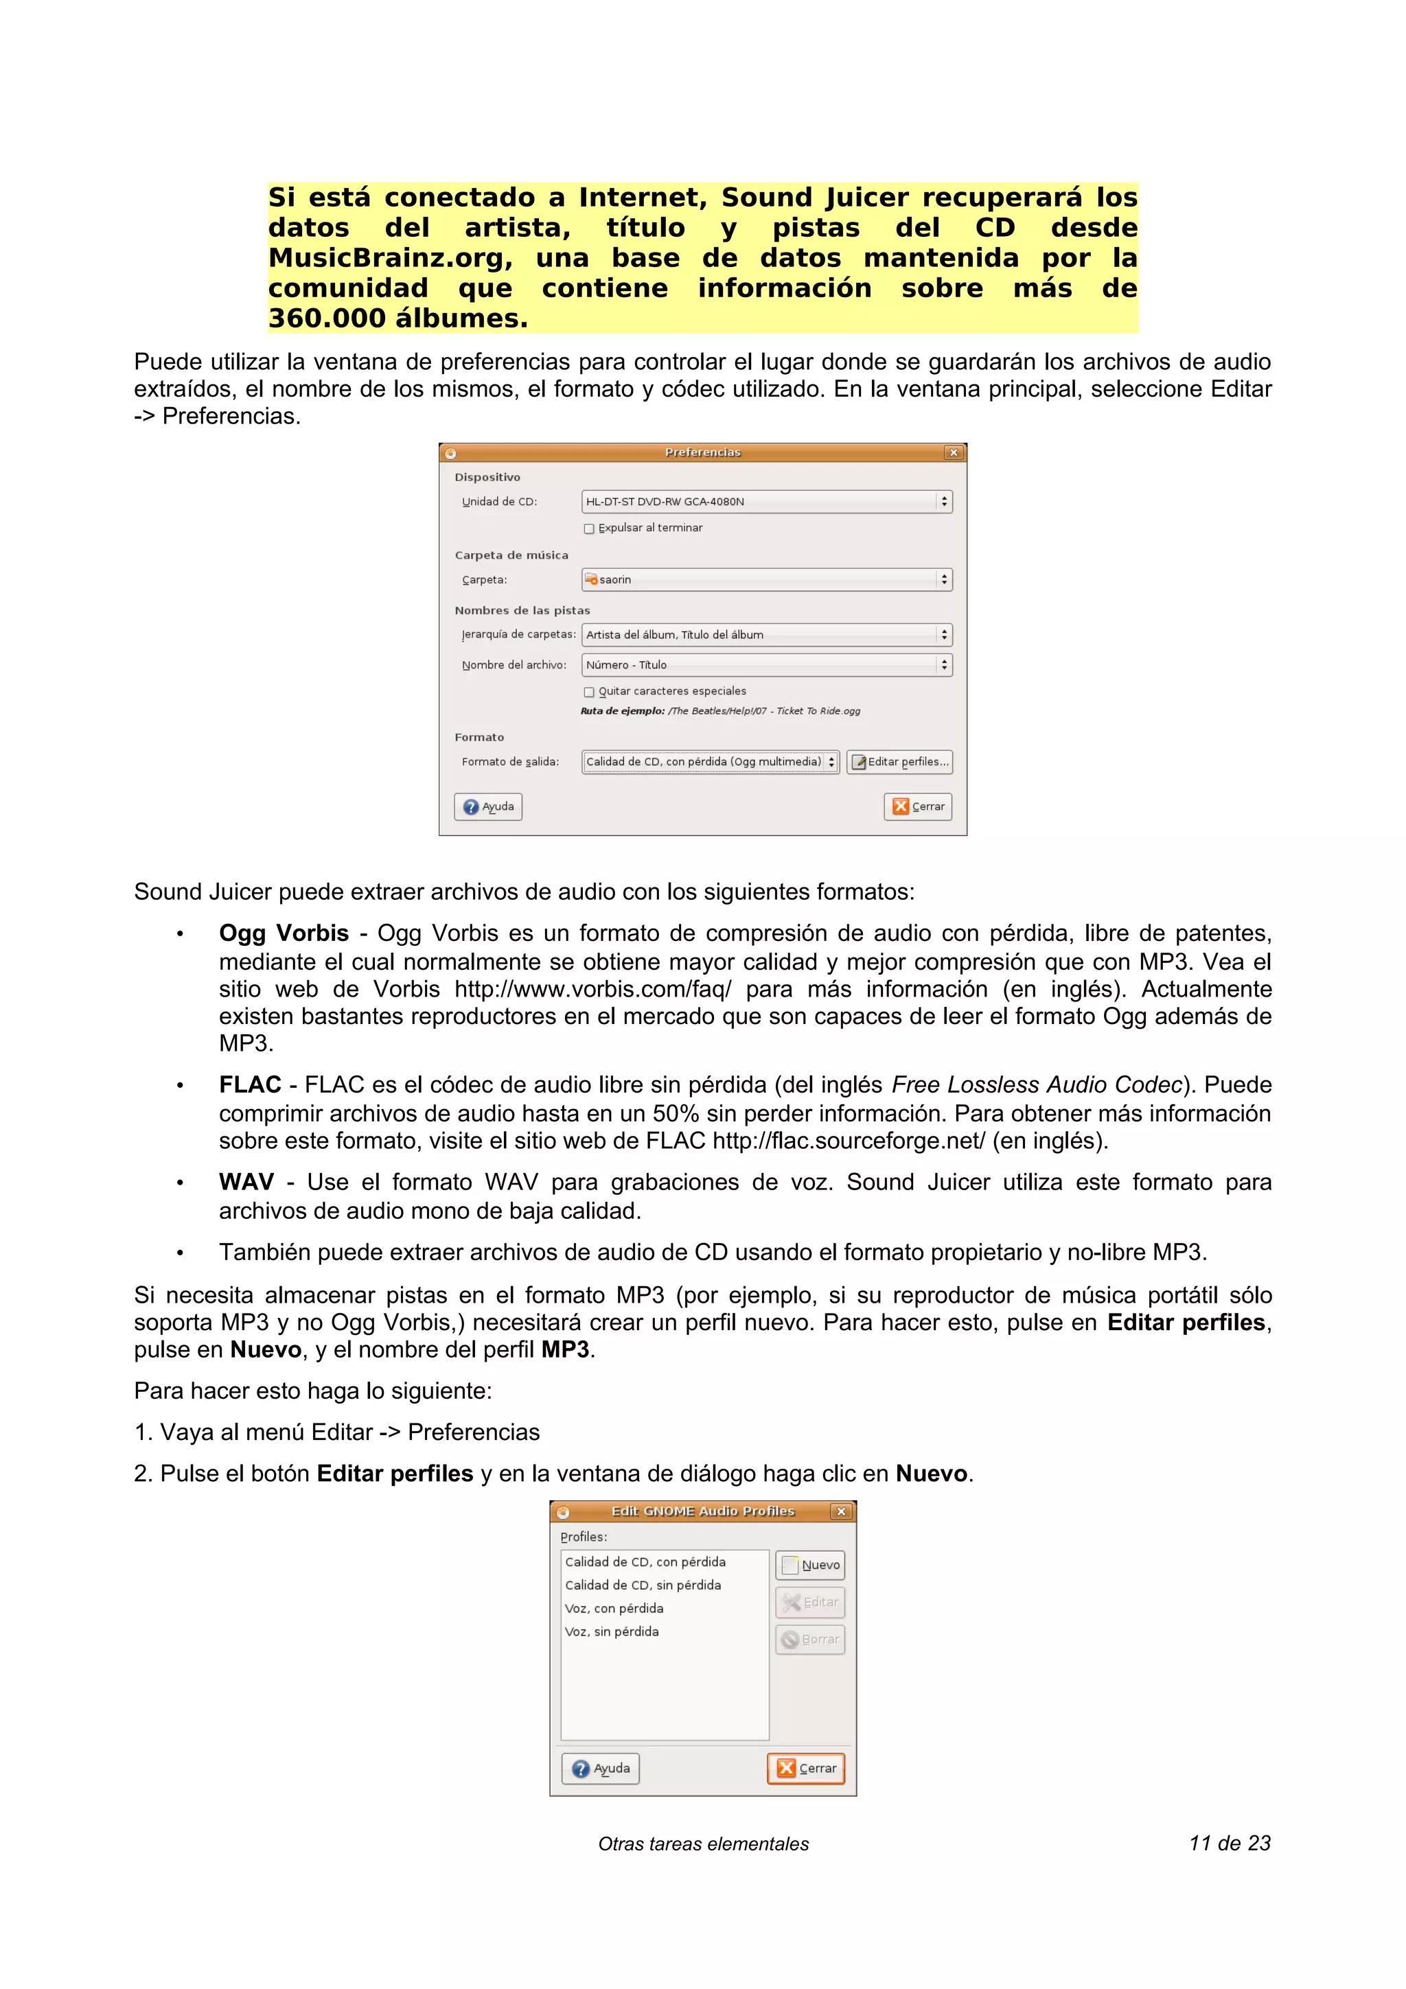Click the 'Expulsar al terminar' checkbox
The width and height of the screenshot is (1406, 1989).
(589, 528)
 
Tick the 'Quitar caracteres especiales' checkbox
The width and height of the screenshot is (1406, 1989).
(589, 692)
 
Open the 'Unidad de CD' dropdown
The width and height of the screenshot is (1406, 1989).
(767, 502)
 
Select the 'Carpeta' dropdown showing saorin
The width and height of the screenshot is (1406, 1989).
(767, 579)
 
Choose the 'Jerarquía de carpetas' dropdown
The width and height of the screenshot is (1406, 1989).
(767, 635)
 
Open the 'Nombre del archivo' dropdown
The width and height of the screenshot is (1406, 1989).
(767, 665)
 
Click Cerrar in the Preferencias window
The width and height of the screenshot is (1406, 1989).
(919, 806)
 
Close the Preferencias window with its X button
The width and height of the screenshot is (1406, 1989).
(954, 452)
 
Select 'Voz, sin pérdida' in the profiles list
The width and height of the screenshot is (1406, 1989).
(612, 1631)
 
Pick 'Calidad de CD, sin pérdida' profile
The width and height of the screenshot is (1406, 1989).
(643, 1585)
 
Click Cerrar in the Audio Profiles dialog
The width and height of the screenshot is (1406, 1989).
(807, 1768)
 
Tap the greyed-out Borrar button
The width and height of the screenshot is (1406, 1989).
(810, 1639)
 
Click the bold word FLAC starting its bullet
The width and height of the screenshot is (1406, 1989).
(249, 1084)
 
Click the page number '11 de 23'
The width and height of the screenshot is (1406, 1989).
(1230, 1843)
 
